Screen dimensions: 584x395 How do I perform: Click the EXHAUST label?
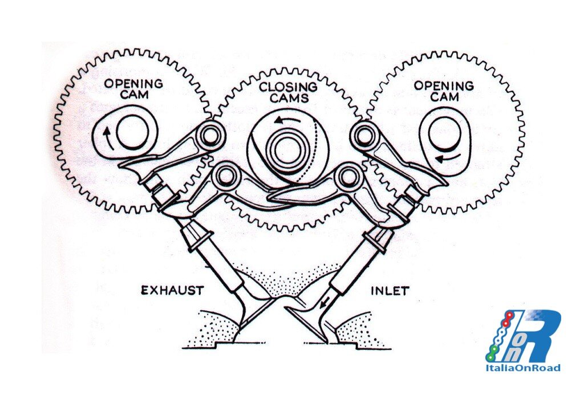point(172,290)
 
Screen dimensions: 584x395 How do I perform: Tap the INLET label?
point(390,290)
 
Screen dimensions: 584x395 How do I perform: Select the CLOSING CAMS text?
point(289,92)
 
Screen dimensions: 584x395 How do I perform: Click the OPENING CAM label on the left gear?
point(133,88)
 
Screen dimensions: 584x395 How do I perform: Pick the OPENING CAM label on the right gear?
point(444,91)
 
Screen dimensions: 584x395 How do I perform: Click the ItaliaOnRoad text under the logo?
point(523,368)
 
